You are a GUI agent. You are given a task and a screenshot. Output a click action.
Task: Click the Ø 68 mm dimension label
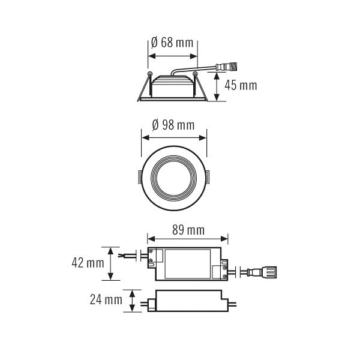[x=173, y=43]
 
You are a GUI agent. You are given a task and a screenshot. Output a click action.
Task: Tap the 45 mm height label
[x=241, y=85]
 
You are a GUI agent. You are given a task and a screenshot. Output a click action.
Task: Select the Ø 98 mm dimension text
[x=173, y=125]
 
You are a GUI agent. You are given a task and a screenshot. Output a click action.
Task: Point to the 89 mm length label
[x=188, y=230]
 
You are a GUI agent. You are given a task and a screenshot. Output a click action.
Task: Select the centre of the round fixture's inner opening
[x=173, y=176]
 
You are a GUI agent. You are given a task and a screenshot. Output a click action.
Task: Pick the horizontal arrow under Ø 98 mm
[x=173, y=136]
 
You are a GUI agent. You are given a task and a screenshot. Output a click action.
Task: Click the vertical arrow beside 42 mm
[x=111, y=263]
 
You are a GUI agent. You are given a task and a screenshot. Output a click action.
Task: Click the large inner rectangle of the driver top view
[x=188, y=265]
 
